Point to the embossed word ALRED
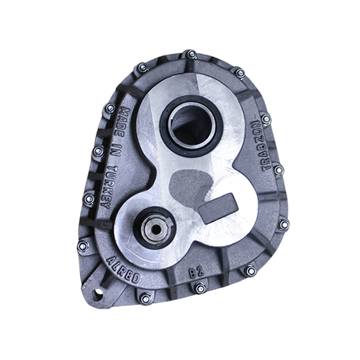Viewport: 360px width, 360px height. coord(123,269)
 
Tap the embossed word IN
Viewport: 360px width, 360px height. coord(114,151)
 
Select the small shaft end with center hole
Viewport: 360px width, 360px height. coord(156,229)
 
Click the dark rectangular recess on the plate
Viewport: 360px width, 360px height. coord(218,208)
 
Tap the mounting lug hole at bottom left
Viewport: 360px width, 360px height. coord(98,294)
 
